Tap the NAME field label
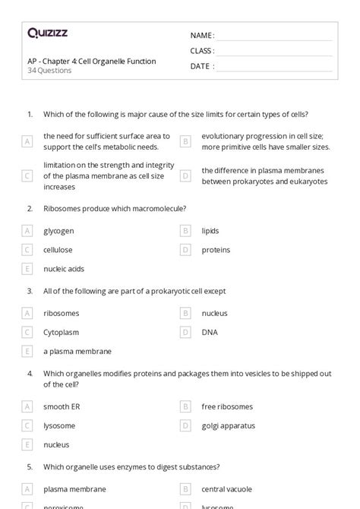coord(201,36)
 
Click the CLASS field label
coord(202,51)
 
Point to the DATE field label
coord(201,66)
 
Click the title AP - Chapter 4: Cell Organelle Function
coord(91,61)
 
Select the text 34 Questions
coord(49,71)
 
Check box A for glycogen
coord(27,230)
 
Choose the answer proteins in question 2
coord(216,250)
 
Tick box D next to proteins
coord(185,250)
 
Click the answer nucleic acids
coord(64,269)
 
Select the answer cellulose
coord(58,250)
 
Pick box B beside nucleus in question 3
coord(185,313)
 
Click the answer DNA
coord(210,332)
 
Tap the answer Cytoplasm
coord(62,332)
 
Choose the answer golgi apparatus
coord(229,425)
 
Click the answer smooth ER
coord(62,406)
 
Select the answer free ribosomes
coord(227,406)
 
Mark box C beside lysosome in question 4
coord(27,425)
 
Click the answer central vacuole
coord(227,489)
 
